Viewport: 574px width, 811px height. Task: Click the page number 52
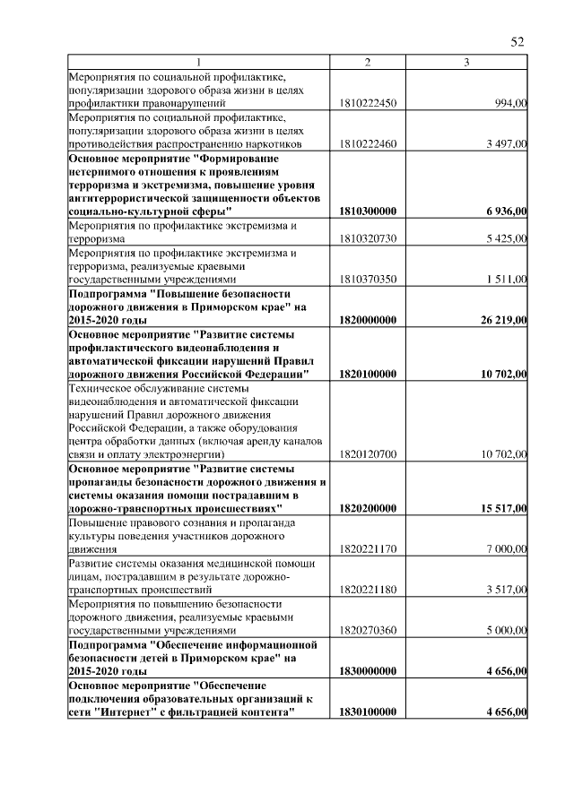[x=517, y=42]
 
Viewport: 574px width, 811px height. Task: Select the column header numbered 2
[x=368, y=62]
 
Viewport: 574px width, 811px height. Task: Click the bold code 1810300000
[x=368, y=211]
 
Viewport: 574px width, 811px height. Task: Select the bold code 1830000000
[x=368, y=670]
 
